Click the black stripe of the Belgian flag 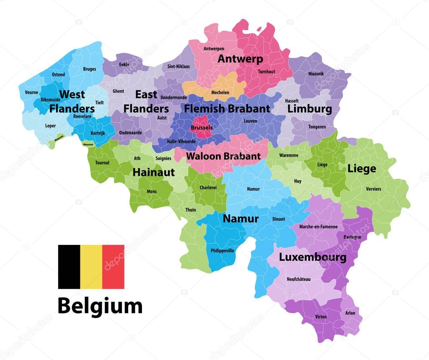coord(69,267)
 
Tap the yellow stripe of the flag coord(91,267)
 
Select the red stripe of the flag coord(113,267)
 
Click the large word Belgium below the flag coord(100,306)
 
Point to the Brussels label coord(202,128)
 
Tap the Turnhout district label coord(266,72)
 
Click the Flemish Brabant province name coord(227,109)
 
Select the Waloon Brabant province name coord(223,156)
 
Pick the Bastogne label coord(352,237)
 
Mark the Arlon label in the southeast coord(350,313)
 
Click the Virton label coord(321,317)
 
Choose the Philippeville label coord(222,251)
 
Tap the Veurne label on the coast coord(31,93)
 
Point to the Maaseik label coord(316,74)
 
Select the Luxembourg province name coord(313,257)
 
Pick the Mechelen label coord(220,93)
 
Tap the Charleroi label coord(208,188)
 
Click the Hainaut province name coord(154,172)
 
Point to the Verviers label coord(373,189)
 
